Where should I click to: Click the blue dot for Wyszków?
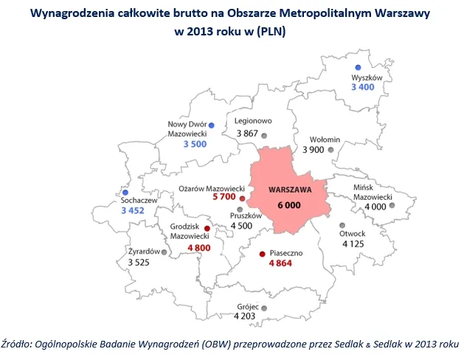tap(358, 67)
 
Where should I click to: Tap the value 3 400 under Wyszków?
tap(364, 88)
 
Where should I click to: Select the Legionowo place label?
tap(253, 120)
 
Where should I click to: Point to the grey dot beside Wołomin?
tap(330, 150)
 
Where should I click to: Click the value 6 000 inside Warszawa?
tap(289, 204)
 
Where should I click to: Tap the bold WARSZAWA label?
tap(290, 189)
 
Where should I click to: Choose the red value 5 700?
tap(224, 198)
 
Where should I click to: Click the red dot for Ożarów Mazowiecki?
tap(243, 198)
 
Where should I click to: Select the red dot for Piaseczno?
tap(262, 254)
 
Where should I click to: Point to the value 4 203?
tap(246, 316)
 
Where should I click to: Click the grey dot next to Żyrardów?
tap(164, 252)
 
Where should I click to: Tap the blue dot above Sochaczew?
tap(125, 192)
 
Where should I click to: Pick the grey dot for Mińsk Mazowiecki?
tap(392, 207)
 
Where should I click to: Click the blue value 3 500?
tap(196, 145)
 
